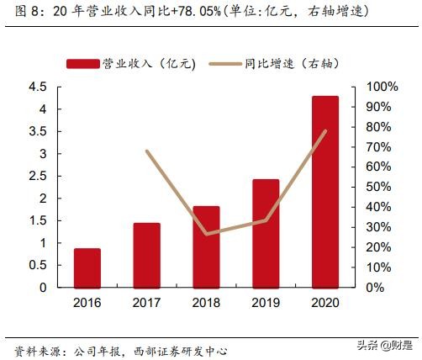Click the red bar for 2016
(x=87, y=267)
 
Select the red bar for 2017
(x=146, y=255)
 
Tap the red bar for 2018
(x=206, y=246)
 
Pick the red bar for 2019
(x=266, y=233)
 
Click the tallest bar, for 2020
(x=325, y=192)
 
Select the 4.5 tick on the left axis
(x=37, y=87)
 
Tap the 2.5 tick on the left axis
(x=37, y=177)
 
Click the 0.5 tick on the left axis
(x=37, y=265)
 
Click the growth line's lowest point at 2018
(x=206, y=234)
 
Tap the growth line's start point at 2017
(x=146, y=151)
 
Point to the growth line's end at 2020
(x=325, y=131)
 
